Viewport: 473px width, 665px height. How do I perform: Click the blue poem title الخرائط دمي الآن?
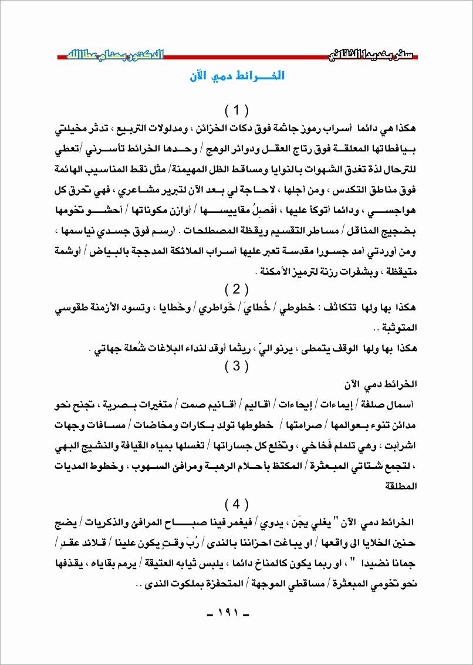click(x=237, y=77)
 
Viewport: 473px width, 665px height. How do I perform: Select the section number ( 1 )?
click(x=237, y=110)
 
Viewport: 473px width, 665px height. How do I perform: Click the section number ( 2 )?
click(x=237, y=289)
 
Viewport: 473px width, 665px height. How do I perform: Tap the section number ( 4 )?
click(x=237, y=503)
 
